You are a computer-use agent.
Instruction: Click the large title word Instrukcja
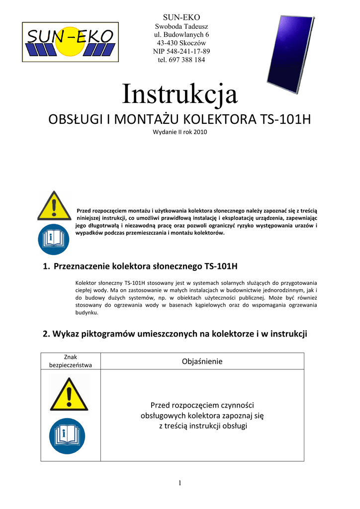(x=180, y=94)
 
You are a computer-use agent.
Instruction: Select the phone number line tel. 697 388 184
(x=181, y=60)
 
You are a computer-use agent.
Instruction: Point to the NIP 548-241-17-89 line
(x=181, y=51)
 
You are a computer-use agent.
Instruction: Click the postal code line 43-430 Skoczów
(x=181, y=43)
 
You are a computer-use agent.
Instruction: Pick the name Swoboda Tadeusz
(x=181, y=26)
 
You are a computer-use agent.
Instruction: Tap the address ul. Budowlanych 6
(x=181, y=34)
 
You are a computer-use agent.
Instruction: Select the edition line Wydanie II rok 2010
(x=180, y=132)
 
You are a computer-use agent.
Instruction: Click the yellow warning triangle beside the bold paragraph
(x=54, y=206)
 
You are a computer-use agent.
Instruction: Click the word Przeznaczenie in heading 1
(x=82, y=266)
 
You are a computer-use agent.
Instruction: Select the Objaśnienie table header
(x=202, y=361)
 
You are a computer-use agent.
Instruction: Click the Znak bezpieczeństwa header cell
(x=70, y=361)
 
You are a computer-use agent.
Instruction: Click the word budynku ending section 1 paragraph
(x=86, y=313)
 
